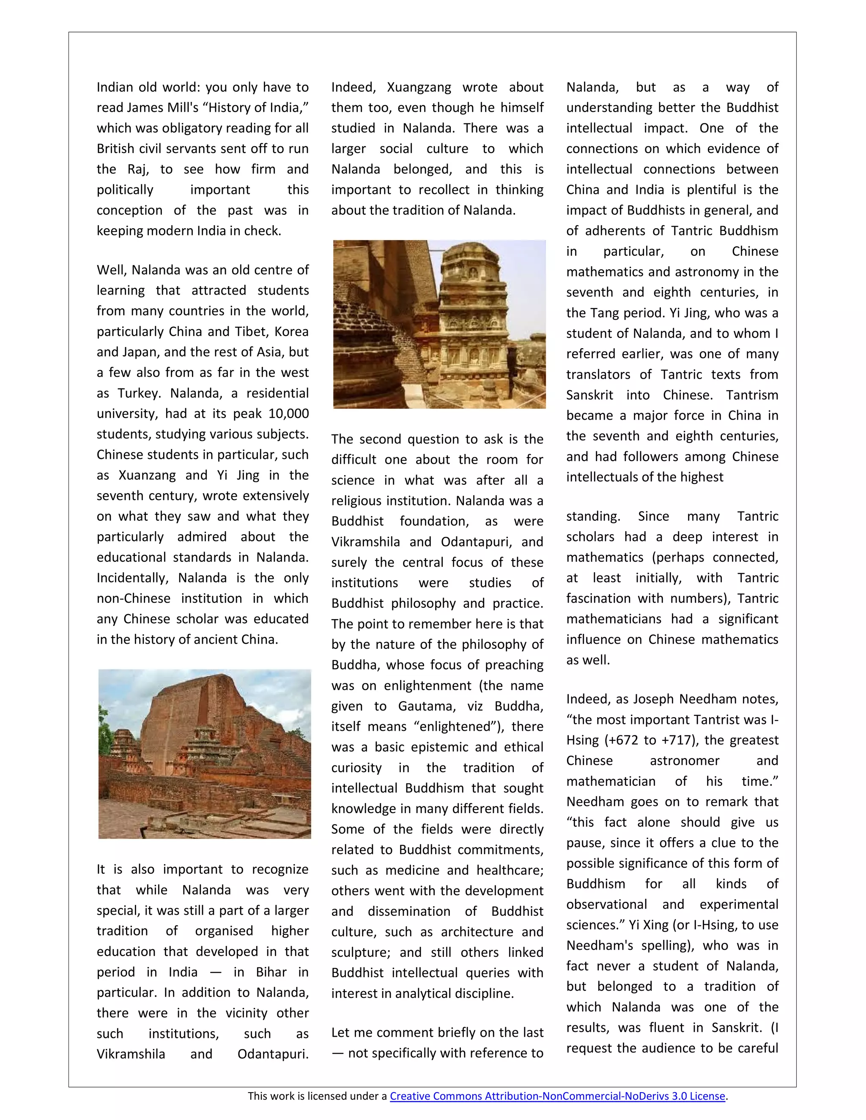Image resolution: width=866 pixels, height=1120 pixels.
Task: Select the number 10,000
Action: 288,414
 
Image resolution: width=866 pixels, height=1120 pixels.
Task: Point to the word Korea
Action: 291,332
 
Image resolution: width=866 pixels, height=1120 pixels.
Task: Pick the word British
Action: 115,149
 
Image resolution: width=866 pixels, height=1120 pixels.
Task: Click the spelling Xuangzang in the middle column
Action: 419,87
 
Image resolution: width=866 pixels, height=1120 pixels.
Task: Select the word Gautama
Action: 426,706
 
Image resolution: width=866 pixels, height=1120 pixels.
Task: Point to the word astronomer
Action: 685,760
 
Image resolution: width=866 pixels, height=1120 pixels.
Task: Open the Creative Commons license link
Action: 557,1096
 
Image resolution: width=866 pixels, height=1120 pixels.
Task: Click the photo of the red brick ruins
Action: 204,754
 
